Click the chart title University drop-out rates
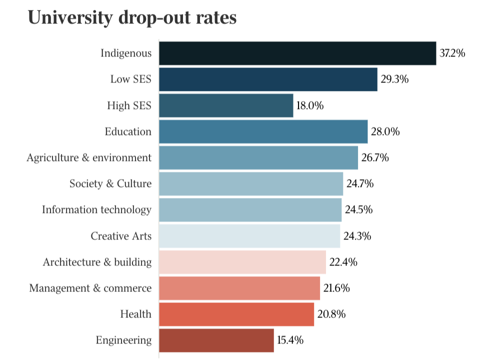click(132, 17)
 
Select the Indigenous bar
click(297, 53)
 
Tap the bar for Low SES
click(268, 79)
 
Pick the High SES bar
click(226, 105)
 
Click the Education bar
click(263, 131)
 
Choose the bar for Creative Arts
click(249, 236)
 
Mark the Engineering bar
click(216, 340)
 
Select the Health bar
click(236, 314)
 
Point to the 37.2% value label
click(452, 53)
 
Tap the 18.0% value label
click(310, 105)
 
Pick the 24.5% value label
click(358, 210)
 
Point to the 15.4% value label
click(290, 340)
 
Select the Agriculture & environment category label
click(89, 158)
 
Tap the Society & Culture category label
click(110, 184)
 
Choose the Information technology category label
click(96, 210)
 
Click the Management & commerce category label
click(90, 288)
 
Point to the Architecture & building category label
click(97, 262)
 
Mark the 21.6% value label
click(336, 288)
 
